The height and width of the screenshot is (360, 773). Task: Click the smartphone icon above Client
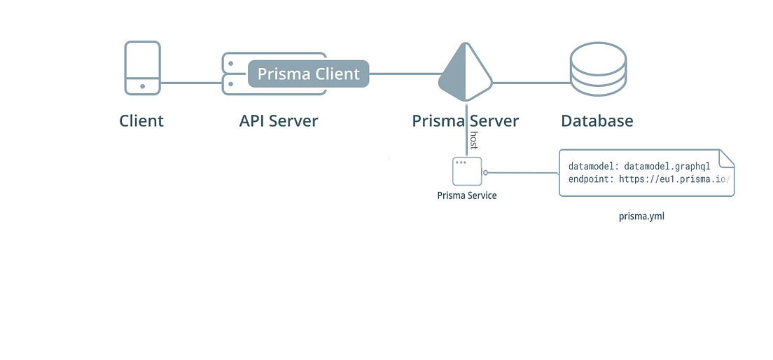click(x=143, y=68)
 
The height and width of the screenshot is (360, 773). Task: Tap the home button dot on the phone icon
click(x=143, y=86)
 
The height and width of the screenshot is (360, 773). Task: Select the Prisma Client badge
click(x=308, y=74)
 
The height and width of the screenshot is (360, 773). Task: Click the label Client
click(x=141, y=120)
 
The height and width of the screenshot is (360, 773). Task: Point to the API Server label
click(x=279, y=120)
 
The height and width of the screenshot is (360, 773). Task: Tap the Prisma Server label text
click(x=466, y=120)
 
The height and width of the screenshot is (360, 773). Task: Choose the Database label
click(x=597, y=120)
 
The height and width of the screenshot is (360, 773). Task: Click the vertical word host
click(x=474, y=140)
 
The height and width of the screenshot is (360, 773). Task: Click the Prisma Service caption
click(x=467, y=195)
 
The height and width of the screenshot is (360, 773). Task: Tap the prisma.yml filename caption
click(x=641, y=216)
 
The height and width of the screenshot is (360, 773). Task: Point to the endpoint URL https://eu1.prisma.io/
click(x=675, y=180)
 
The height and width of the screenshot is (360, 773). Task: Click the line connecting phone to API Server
click(x=191, y=83)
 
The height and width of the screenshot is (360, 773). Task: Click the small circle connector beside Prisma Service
click(x=485, y=172)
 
